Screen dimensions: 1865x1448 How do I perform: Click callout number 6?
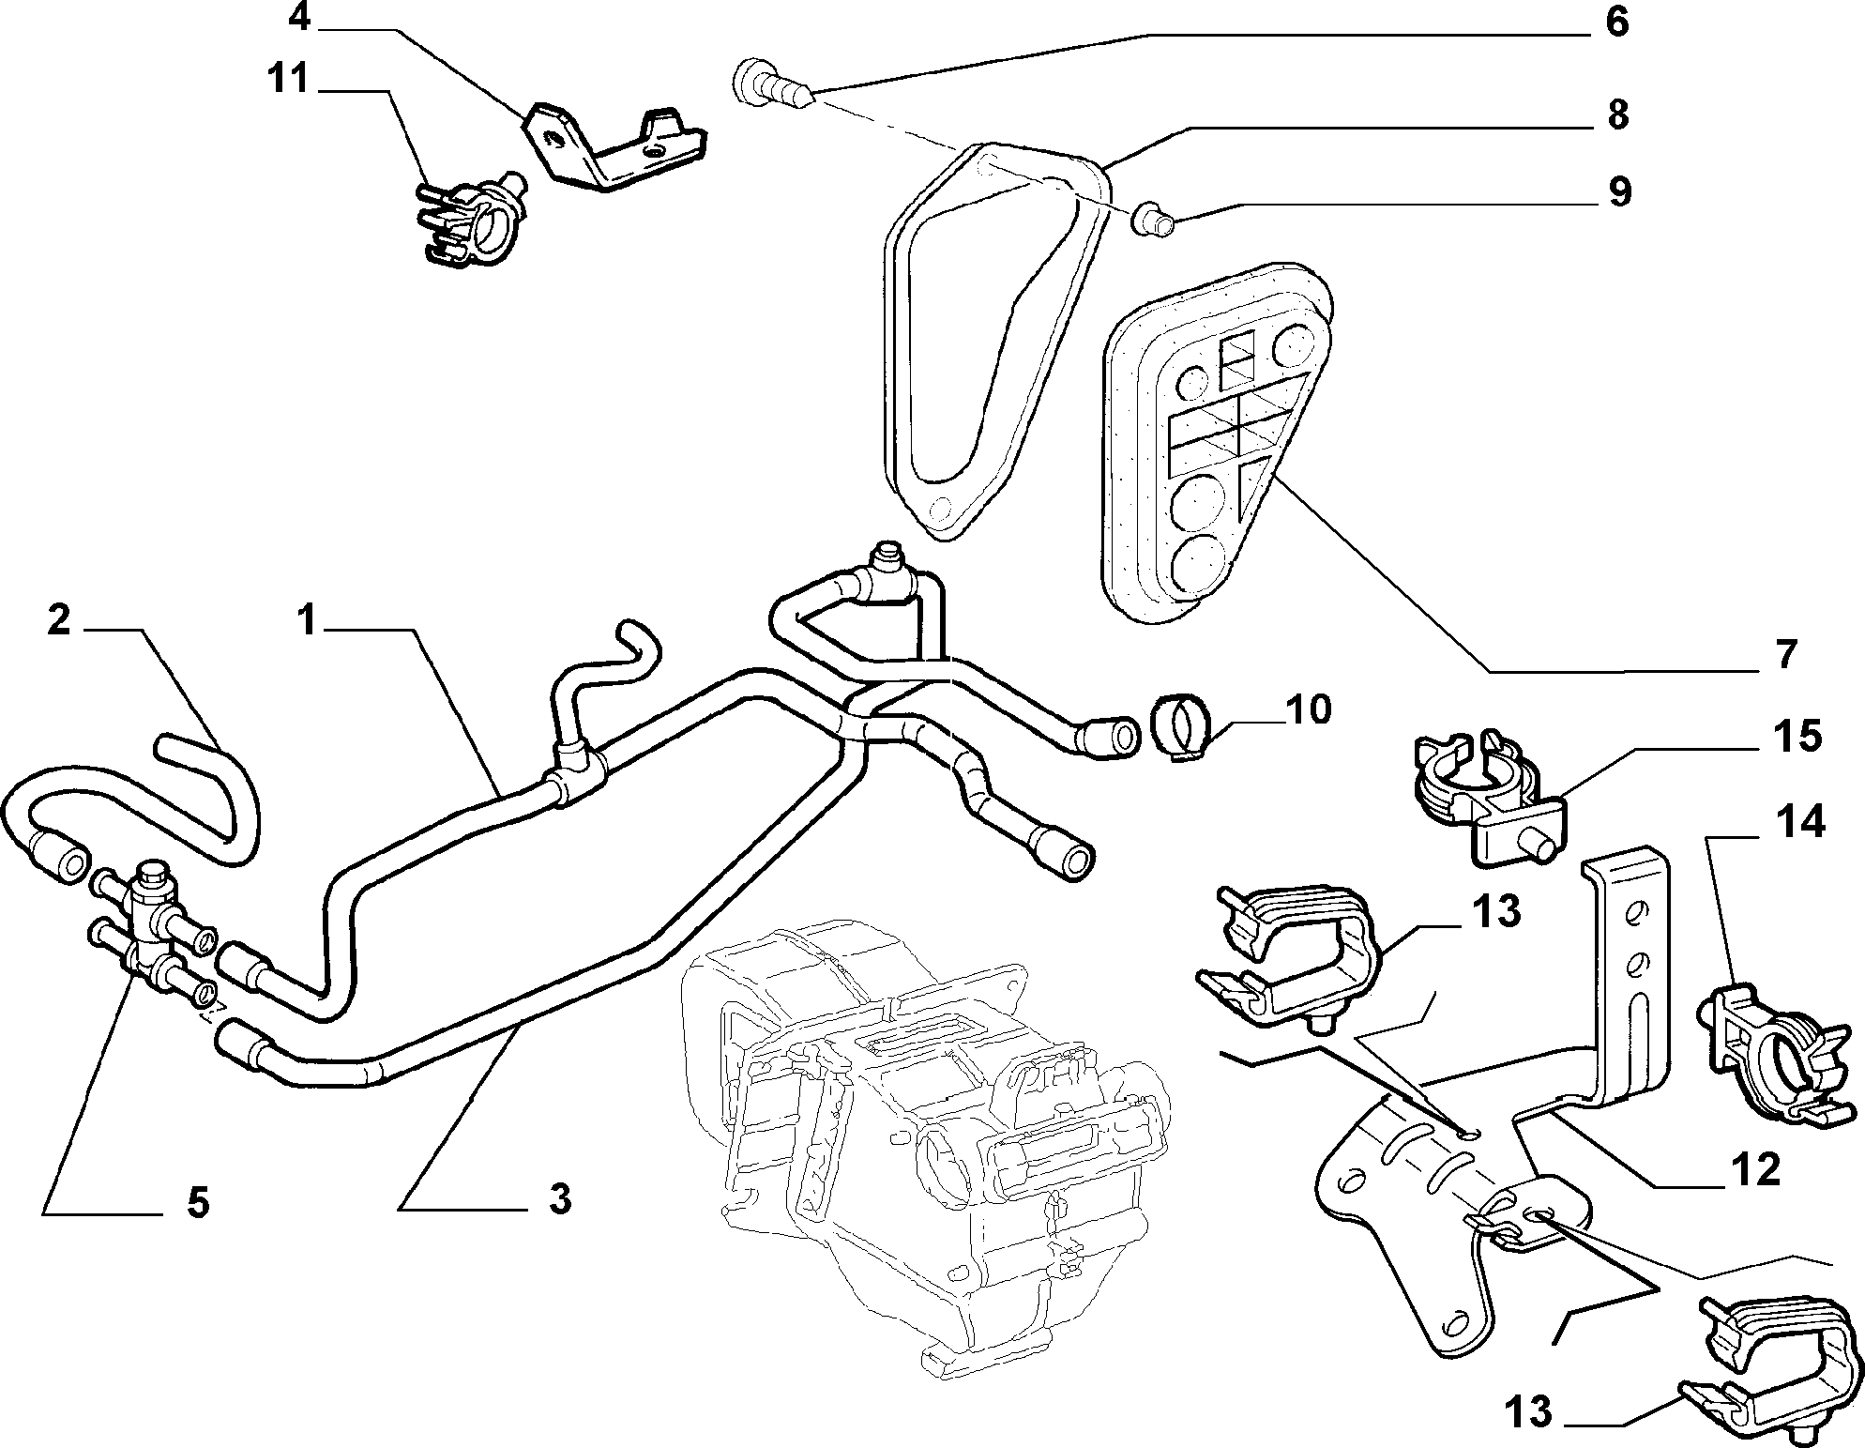[x=1615, y=23]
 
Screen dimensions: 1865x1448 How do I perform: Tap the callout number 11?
[x=287, y=79]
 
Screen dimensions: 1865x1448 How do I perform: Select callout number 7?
[x=1784, y=654]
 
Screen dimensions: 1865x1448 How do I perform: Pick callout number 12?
[x=1755, y=1171]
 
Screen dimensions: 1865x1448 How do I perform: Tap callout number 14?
[x=1800, y=823]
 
